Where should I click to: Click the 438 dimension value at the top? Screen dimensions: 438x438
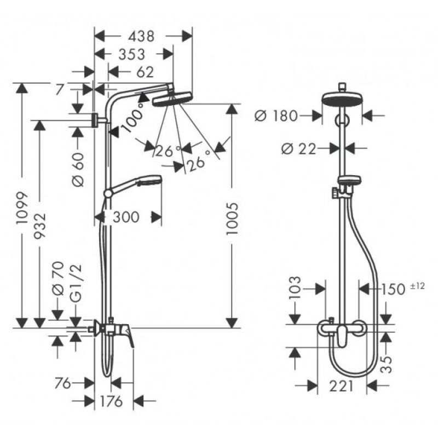click(142, 37)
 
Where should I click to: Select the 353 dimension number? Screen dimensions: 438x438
click(132, 54)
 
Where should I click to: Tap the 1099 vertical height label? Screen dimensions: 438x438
click(22, 208)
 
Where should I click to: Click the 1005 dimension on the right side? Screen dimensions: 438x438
click(232, 218)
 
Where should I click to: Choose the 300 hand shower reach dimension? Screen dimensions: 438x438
click(126, 217)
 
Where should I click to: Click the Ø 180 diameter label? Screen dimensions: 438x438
click(276, 116)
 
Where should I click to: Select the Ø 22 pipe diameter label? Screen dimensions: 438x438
click(298, 148)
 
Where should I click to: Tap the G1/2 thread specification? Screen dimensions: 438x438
click(76, 283)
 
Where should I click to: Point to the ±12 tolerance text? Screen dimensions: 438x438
click(417, 286)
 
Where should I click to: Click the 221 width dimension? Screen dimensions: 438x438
click(341, 387)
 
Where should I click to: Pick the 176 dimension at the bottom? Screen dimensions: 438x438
click(112, 401)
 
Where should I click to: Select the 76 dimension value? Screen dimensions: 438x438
click(63, 383)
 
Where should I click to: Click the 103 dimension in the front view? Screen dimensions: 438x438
click(295, 287)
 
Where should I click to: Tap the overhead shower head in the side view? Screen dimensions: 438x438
click(172, 99)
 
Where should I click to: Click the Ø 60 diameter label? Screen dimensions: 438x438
click(78, 169)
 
